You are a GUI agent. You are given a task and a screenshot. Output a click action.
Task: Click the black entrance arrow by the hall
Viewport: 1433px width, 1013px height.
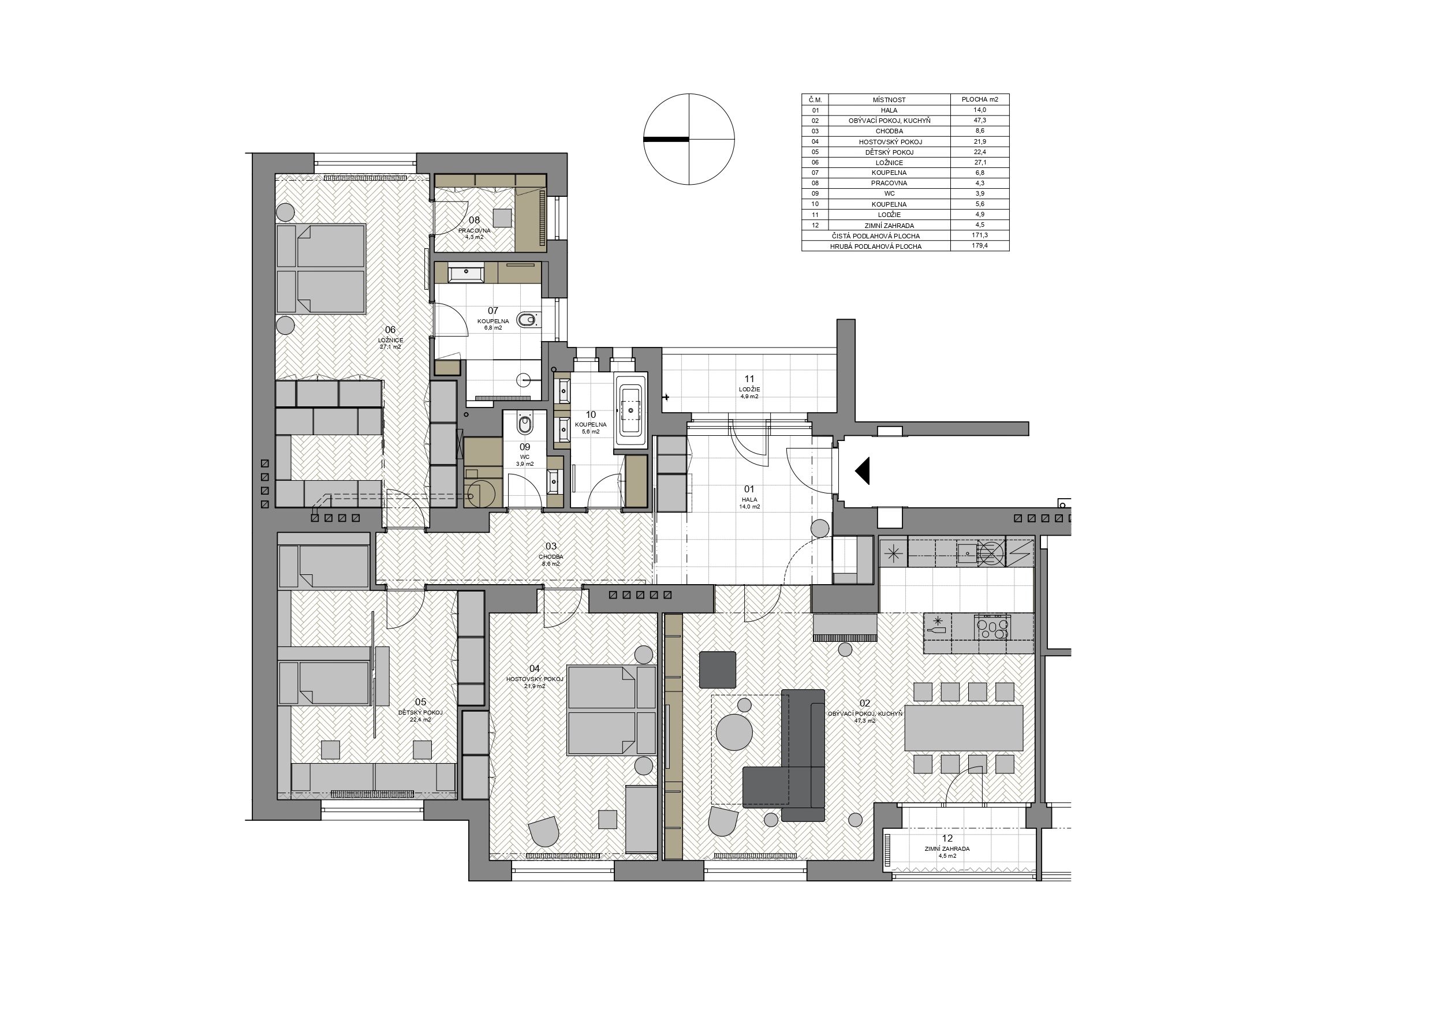point(863,470)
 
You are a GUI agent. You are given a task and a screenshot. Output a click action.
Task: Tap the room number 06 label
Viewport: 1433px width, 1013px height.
point(390,330)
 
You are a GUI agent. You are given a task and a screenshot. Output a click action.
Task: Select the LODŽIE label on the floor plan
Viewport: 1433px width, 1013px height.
point(749,389)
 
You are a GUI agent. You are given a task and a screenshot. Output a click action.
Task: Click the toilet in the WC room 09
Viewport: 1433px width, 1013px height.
point(525,424)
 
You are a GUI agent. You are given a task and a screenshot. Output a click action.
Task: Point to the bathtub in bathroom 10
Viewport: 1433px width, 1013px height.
point(631,409)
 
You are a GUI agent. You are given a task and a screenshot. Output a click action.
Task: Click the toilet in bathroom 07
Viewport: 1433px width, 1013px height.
point(528,320)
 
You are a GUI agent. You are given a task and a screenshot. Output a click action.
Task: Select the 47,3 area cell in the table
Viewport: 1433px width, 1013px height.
point(979,121)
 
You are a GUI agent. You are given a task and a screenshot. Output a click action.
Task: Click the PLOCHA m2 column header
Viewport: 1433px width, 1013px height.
point(979,99)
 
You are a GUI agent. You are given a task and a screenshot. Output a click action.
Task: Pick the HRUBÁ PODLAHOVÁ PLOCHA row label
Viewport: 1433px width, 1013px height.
point(876,246)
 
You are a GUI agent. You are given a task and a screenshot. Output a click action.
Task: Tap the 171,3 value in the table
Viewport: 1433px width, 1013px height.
point(979,236)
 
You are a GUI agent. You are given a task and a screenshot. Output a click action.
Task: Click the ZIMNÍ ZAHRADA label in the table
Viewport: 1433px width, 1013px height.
point(889,225)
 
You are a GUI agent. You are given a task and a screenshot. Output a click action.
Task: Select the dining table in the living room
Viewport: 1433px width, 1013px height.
point(964,727)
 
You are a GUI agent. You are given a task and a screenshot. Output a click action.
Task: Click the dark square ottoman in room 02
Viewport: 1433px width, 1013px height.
point(718,670)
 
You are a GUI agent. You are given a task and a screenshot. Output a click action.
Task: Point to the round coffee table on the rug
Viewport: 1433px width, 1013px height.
point(734,732)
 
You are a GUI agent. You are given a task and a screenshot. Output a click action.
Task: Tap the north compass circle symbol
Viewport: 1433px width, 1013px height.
point(689,139)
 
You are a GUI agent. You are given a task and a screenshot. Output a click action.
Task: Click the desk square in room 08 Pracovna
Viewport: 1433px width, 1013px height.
point(501,217)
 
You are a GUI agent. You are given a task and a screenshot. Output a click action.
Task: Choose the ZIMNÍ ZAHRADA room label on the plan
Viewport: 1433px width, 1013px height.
point(947,849)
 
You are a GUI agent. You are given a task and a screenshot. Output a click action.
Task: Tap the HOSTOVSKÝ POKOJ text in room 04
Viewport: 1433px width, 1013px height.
point(535,678)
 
